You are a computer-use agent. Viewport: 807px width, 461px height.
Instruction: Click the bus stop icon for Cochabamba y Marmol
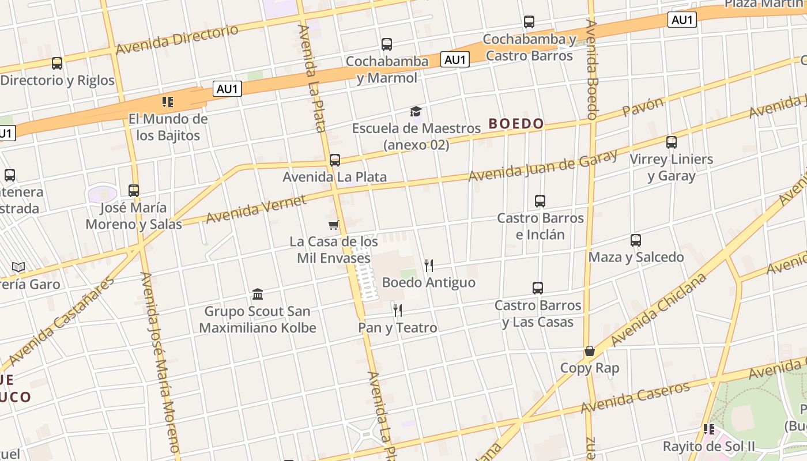click(x=387, y=44)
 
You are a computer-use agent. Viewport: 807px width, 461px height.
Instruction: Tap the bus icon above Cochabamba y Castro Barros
click(x=529, y=22)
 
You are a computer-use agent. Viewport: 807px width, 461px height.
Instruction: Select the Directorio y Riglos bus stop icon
click(x=56, y=63)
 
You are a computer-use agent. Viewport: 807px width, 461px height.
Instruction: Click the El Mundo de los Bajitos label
click(x=168, y=127)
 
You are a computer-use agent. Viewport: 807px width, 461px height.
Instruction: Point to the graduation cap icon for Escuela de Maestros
click(x=416, y=111)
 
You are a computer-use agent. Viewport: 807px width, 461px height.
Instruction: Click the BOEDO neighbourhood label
click(x=516, y=123)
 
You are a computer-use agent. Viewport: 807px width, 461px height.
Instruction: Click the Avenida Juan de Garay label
click(x=542, y=165)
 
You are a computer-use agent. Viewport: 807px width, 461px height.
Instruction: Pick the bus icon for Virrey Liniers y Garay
click(x=671, y=142)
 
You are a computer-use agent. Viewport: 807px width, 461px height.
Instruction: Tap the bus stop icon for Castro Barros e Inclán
click(x=540, y=201)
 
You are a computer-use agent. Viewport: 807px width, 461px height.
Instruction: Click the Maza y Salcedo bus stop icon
click(x=636, y=240)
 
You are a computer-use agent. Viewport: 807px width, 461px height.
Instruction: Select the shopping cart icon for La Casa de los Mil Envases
click(x=333, y=225)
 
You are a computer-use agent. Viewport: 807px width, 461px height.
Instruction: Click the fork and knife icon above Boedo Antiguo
click(x=428, y=266)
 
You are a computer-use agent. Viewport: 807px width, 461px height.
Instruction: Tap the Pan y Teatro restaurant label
click(x=398, y=328)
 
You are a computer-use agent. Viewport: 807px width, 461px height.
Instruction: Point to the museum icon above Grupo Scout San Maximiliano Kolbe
click(x=258, y=294)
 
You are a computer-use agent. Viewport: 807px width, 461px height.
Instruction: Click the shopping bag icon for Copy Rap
click(x=590, y=351)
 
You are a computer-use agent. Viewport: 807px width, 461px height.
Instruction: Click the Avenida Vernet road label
click(x=256, y=209)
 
